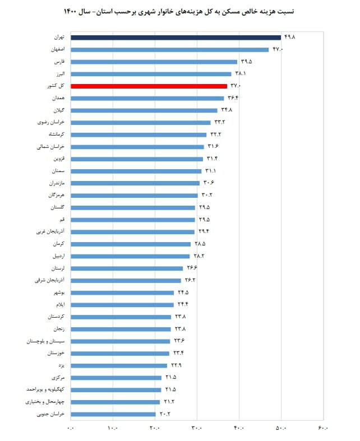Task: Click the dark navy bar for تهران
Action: point(176,38)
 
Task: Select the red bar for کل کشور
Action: point(149,86)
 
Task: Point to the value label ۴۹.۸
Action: point(290,37)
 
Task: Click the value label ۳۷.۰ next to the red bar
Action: point(236,86)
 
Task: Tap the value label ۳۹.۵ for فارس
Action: point(246,62)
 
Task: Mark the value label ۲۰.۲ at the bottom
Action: point(164,414)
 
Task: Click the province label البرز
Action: point(59,73)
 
